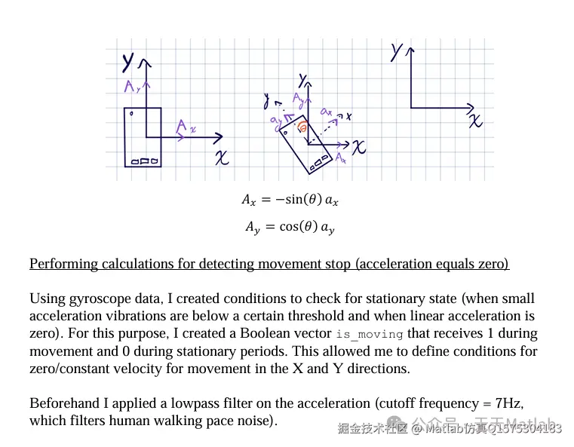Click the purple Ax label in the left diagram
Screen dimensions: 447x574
point(185,127)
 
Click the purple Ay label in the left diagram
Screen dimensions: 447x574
point(134,87)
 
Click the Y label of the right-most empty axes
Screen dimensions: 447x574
point(397,51)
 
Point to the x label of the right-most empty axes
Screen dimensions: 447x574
point(474,121)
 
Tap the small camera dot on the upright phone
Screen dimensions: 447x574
point(132,115)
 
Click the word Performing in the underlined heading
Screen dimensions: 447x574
point(63,264)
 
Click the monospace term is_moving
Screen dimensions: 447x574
point(370,334)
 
